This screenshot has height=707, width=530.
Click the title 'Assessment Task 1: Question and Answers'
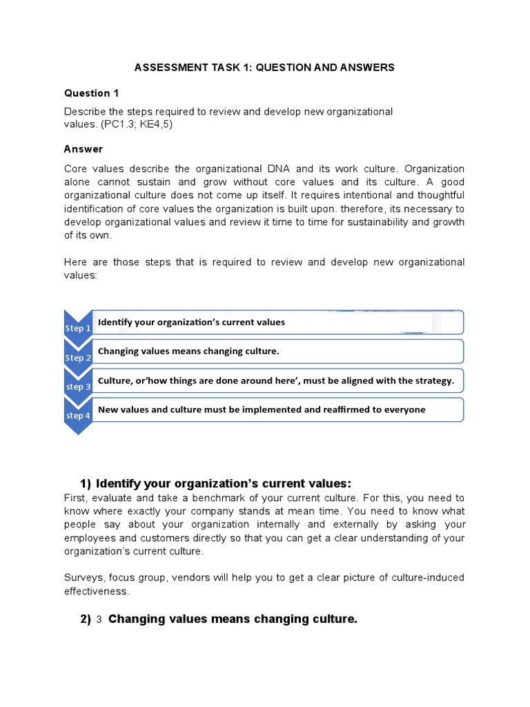tap(264, 67)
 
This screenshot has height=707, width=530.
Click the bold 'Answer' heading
tap(84, 149)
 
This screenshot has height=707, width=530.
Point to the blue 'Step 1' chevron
tap(77, 327)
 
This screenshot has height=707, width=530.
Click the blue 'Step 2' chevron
tap(77, 357)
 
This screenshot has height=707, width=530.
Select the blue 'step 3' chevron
tap(77, 386)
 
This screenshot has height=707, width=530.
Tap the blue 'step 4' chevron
tap(77, 416)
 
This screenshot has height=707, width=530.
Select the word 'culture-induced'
tap(426, 577)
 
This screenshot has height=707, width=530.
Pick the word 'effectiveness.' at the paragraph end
tap(97, 591)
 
